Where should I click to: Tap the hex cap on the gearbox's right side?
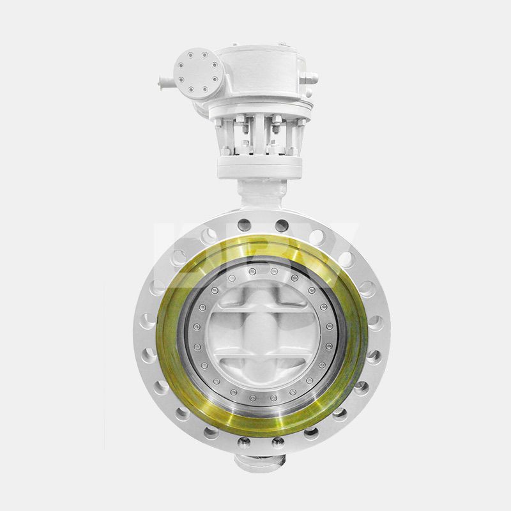tap(310, 78)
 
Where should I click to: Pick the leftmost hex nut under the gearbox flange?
tap(225, 151)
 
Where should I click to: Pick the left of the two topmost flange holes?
tap(244, 225)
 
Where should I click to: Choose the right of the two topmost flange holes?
tap(281, 225)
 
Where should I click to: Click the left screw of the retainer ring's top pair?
tap(253, 272)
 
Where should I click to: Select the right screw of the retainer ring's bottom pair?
tap(273, 397)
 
